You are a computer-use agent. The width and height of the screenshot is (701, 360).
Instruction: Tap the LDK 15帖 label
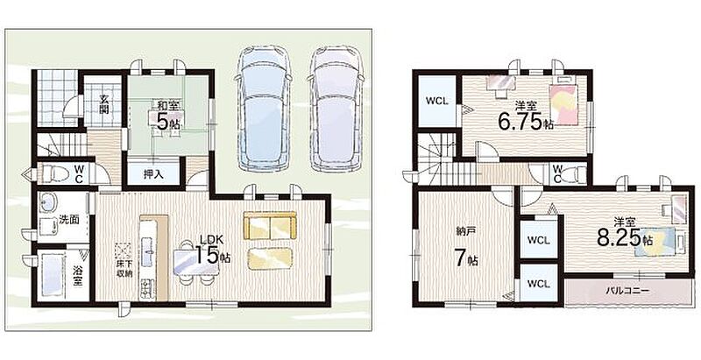pos(213,250)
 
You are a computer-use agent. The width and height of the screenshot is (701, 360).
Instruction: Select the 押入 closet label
pos(152,174)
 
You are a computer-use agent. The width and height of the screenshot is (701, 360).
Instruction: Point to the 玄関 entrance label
pos(103,104)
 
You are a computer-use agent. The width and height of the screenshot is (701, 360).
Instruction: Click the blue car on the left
pos(262,108)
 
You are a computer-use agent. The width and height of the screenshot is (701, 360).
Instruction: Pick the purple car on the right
pos(336,109)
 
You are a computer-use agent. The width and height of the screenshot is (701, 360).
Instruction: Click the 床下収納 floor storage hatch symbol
pos(123,250)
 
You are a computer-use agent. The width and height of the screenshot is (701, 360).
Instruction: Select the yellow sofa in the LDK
pos(270,226)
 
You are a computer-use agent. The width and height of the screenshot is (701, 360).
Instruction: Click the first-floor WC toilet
pos(56,173)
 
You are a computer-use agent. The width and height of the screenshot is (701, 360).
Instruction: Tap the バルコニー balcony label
pos(627,290)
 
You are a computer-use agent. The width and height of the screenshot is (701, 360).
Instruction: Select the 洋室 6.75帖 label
pos(526,117)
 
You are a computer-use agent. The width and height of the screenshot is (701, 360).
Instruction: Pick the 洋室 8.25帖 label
pos(625,233)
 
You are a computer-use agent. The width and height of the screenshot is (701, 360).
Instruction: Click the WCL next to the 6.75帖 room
pos(436,101)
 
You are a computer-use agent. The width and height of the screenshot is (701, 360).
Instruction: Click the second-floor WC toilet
pos(574,173)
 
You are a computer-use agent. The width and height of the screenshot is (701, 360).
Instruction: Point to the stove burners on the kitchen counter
pos(146,288)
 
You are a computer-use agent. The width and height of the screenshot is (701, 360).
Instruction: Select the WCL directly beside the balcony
pos(538,284)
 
